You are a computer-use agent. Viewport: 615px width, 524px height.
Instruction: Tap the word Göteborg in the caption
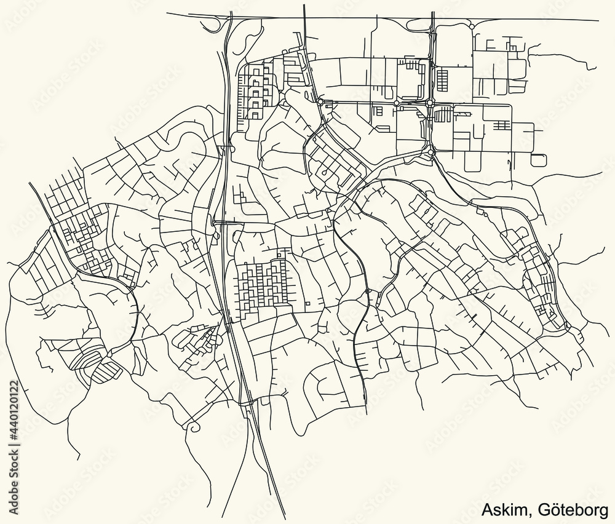[573, 510]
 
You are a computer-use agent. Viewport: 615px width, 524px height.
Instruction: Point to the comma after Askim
[532, 515]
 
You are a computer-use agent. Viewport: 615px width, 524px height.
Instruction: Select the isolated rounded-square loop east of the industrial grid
[538, 160]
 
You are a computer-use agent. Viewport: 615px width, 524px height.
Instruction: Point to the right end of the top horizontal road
[598, 20]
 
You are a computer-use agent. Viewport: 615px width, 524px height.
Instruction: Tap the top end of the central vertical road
[304, 5]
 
